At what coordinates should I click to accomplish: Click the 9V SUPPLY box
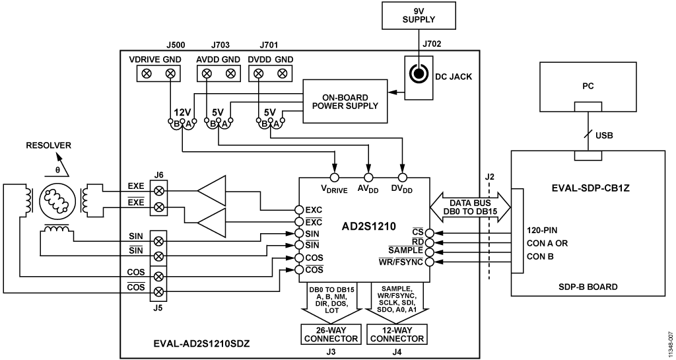point(419,15)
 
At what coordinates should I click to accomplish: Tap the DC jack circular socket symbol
point(418,75)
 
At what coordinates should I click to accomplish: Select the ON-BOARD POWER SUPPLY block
point(345,101)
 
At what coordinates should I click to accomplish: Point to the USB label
point(604,135)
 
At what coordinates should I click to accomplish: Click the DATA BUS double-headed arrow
point(470,207)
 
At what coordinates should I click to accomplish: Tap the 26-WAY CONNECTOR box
point(331,334)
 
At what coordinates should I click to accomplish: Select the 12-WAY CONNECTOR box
point(397,334)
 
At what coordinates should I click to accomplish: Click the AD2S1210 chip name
point(368,227)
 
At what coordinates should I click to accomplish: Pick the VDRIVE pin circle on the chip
point(334,177)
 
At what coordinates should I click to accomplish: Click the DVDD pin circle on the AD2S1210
point(402,177)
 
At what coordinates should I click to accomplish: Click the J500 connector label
point(176,45)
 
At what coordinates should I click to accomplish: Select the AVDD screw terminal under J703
point(207,74)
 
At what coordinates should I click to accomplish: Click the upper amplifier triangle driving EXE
point(212,190)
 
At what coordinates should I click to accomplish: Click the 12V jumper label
point(182,112)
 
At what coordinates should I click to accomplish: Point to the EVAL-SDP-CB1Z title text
point(588,188)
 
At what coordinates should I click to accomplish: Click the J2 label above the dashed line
point(489,176)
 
